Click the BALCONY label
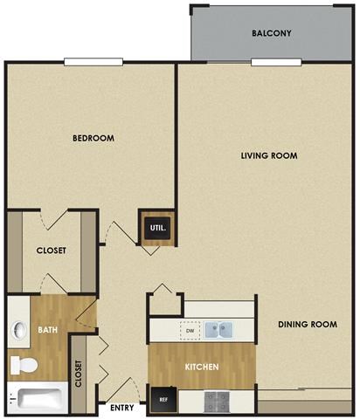271,33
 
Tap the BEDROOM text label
93,138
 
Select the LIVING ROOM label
269,156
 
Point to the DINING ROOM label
308,325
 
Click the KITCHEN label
201,367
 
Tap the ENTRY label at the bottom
123,407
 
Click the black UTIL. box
158,229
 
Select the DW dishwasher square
189,331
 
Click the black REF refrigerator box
163,400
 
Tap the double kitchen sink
219,331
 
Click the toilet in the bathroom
19,363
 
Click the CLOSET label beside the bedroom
51,251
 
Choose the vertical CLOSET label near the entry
79,373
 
